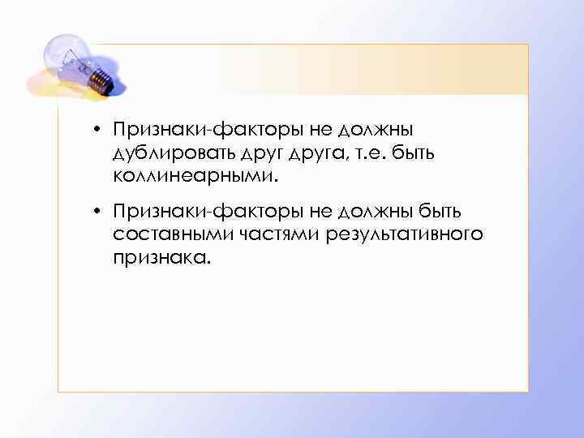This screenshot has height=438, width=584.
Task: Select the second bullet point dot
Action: (x=96, y=213)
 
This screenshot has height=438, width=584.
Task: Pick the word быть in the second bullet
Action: (x=440, y=213)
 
